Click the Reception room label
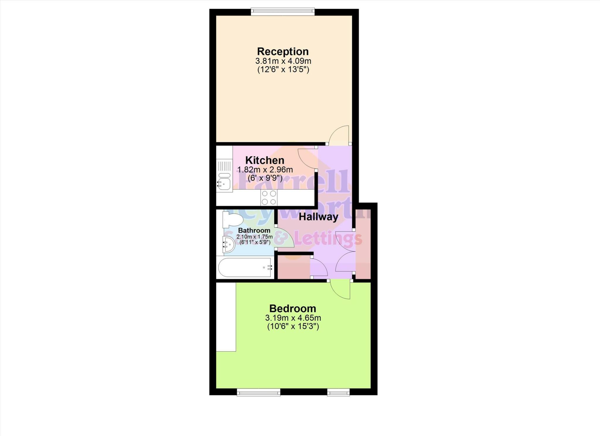(x=283, y=52)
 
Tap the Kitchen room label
(x=265, y=160)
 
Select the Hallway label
(x=318, y=217)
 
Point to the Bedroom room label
(x=292, y=308)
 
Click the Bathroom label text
(x=254, y=230)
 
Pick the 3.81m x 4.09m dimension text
(x=283, y=61)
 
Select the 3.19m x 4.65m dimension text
(x=293, y=318)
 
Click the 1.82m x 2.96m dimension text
(x=265, y=170)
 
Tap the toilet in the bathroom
(x=232, y=220)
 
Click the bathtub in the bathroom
(x=245, y=267)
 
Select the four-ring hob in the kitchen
(x=269, y=198)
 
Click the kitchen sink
(x=224, y=182)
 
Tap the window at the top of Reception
(x=283, y=12)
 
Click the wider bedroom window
(x=258, y=392)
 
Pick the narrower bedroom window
(x=338, y=392)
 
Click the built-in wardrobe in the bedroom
(x=226, y=317)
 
